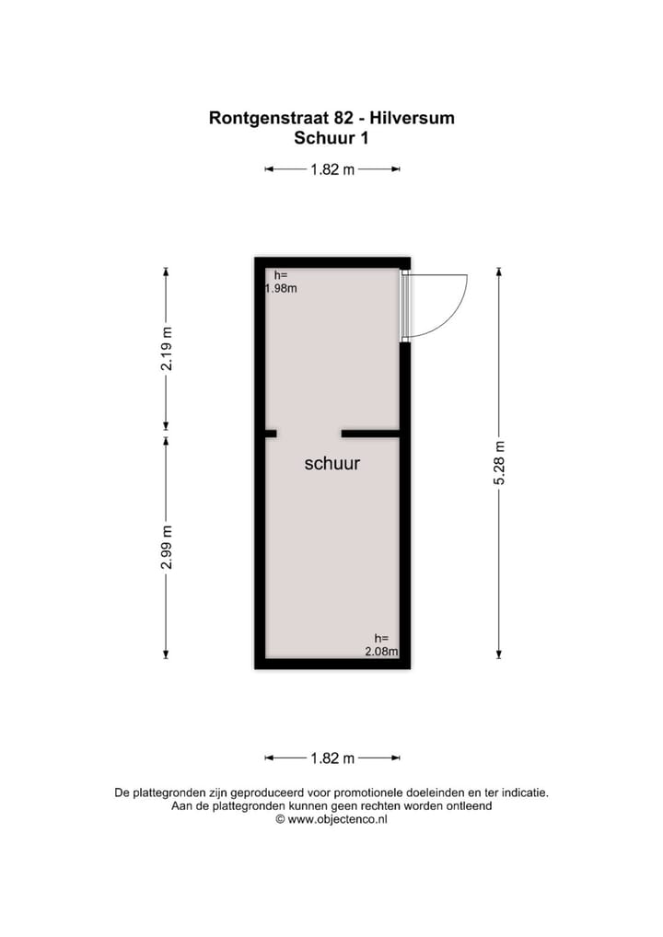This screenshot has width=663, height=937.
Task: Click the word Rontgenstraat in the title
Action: [x=265, y=118]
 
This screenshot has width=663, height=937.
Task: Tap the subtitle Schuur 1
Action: [x=331, y=139]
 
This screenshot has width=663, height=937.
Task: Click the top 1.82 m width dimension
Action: [x=332, y=169]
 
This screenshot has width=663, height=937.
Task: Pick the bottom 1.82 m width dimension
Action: [x=332, y=758]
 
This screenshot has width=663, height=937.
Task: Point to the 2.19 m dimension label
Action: [x=167, y=349]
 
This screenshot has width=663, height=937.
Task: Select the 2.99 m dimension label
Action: [x=167, y=547]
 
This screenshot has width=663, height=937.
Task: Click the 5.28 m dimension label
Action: [x=499, y=464]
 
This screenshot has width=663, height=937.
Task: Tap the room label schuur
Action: [x=332, y=464]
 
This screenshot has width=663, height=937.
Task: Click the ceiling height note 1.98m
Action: [x=280, y=288]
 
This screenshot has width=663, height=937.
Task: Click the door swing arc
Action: [x=457, y=313]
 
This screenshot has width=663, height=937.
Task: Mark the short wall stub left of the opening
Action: [x=271, y=433]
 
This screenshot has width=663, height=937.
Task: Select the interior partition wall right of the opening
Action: [x=370, y=433]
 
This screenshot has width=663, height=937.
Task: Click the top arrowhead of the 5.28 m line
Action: [x=499, y=272]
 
